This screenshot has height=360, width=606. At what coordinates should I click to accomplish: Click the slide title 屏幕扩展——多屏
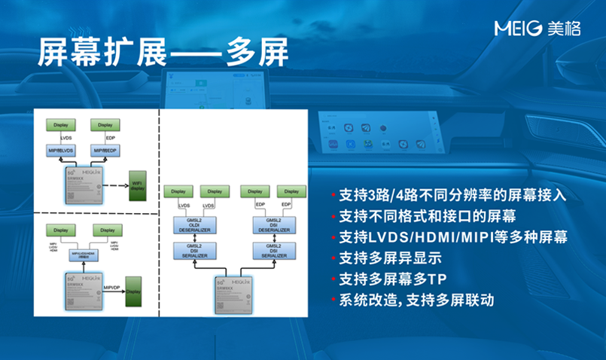click(162, 55)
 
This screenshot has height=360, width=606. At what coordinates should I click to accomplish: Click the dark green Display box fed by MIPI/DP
click(134, 291)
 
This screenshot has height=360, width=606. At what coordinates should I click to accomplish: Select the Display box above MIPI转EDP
click(105, 125)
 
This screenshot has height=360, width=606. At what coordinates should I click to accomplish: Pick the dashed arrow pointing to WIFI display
click(114, 184)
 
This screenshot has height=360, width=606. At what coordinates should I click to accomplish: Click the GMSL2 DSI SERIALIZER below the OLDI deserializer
click(195, 251)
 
